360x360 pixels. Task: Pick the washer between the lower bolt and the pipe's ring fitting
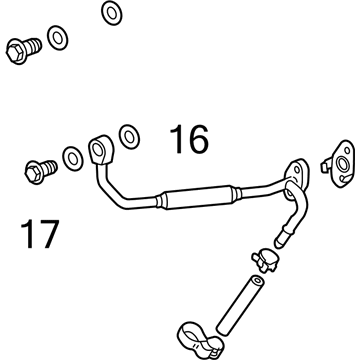(x=73, y=157)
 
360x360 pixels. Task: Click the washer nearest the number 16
(x=128, y=135)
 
